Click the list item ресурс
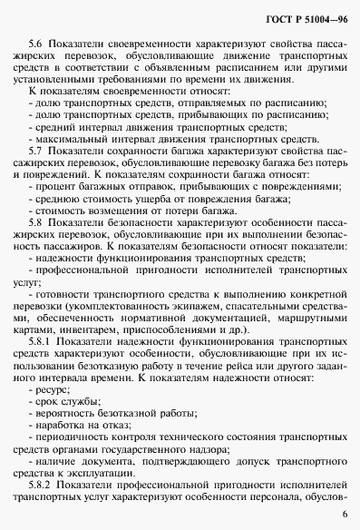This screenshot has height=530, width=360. [49, 380]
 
